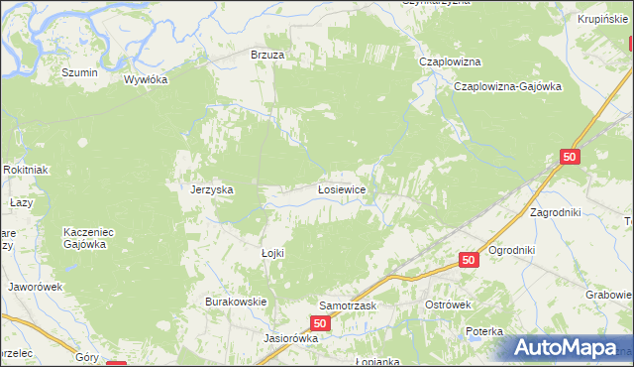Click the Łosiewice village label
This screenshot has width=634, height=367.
coord(343,188)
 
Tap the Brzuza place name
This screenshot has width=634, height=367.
coord(267,56)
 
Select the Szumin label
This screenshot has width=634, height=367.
coord(79,72)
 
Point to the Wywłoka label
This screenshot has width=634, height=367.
coord(146,80)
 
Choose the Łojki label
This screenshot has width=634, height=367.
coord(272,253)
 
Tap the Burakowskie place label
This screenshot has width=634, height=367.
coord(237,301)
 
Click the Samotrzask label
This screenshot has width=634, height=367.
coord(348,306)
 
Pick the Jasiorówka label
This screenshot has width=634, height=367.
coord(290,337)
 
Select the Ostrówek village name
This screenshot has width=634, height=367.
coord(447,305)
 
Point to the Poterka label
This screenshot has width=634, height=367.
coord(486,331)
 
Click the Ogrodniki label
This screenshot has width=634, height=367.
coord(512,250)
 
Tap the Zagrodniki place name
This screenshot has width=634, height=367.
coord(560,213)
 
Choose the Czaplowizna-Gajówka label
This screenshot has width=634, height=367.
coord(507,86)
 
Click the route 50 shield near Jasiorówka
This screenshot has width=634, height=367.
coord(319,323)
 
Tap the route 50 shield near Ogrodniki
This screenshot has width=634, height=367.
coord(470,260)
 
